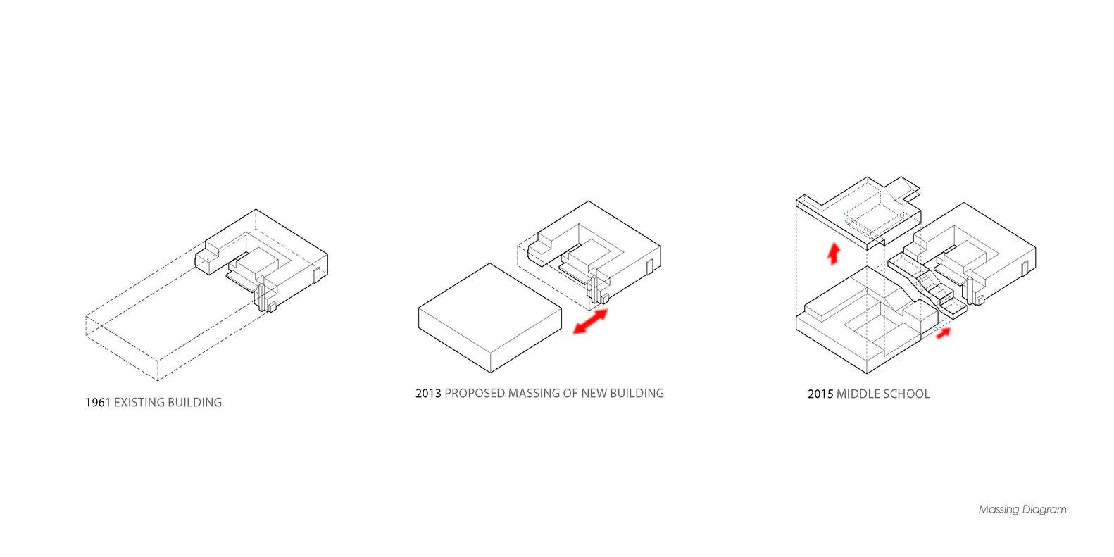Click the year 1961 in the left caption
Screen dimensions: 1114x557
coord(98,402)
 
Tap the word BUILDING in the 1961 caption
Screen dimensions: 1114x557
coord(195,402)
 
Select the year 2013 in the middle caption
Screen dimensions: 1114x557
coord(428,394)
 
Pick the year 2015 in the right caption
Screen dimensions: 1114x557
coord(820,394)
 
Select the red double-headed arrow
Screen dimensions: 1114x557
coord(590,321)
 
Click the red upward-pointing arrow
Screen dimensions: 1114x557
coord(834,254)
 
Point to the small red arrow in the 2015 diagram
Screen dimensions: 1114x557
coord(944,333)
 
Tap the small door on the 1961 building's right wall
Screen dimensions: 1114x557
coord(316,275)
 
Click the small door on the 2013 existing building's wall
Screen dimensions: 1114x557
coord(649,266)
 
